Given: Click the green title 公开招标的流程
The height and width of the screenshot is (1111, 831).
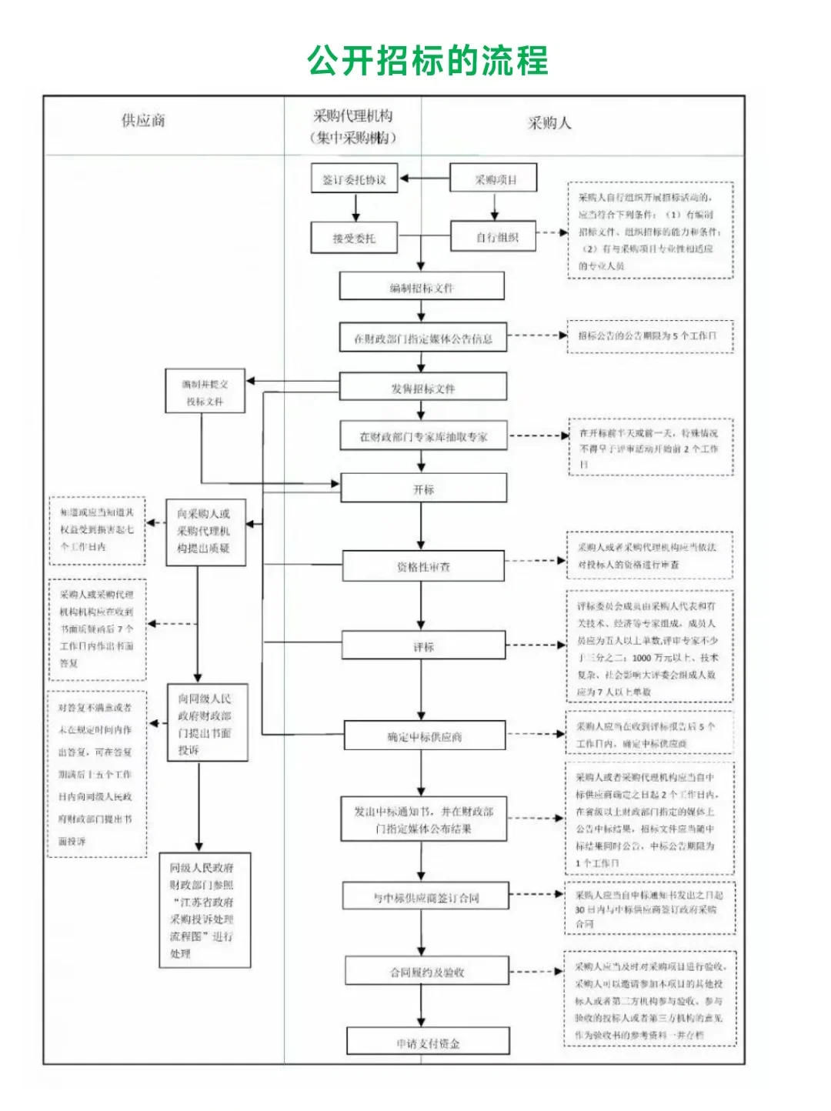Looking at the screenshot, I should point(427,61).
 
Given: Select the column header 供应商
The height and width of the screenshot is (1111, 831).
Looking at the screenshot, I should point(143,120).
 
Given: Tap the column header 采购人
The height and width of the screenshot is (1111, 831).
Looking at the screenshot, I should point(549,122).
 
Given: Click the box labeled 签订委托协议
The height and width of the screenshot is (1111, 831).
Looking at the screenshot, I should point(354,179).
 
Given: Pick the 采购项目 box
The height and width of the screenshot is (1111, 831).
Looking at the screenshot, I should point(493,179).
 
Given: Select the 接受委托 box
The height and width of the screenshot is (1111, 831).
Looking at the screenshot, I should point(354,239).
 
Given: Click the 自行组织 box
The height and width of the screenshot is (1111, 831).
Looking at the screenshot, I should point(496,237).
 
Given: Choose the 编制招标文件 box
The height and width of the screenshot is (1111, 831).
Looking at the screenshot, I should point(422,287).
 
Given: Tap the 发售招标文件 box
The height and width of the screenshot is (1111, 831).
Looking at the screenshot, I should point(422,388).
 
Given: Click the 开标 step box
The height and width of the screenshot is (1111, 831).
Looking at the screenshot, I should point(423,489).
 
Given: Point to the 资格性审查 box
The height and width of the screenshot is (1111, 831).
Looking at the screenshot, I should point(423,567).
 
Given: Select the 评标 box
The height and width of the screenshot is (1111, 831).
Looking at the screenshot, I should point(423,646).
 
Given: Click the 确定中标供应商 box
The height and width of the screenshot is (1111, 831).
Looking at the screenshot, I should point(424,736).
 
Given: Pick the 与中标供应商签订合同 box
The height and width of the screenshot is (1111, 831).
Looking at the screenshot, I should point(426,897).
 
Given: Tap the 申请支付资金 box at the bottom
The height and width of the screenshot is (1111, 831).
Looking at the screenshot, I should point(428,1043).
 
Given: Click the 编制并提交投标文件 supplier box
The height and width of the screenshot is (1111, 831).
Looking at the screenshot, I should point(205,392).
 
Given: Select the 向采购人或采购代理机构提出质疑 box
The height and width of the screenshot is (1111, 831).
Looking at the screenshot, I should point(205,532).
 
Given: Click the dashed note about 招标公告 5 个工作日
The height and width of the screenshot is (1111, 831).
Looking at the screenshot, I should point(649,336).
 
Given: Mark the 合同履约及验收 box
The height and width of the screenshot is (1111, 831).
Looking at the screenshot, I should point(426,972).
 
